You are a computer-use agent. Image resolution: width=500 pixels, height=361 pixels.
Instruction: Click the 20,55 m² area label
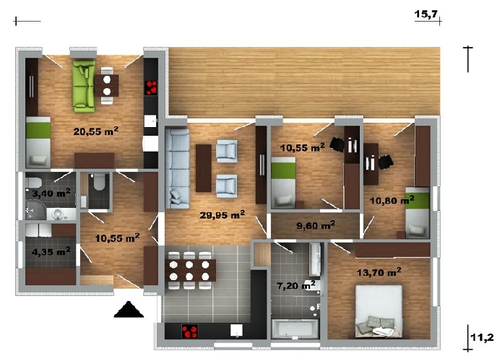[95, 131]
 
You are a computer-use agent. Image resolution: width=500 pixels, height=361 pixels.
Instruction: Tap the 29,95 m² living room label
[223, 214]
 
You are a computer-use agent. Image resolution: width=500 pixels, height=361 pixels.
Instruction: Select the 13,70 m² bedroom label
[379, 272]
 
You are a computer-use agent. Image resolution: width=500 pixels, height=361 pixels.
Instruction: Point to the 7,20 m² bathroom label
[296, 285]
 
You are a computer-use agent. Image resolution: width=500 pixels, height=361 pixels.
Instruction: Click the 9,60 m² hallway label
[316, 225]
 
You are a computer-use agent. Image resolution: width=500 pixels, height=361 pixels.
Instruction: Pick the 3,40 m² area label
[51, 193]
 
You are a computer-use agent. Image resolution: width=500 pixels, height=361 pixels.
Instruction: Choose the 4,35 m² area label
[51, 251]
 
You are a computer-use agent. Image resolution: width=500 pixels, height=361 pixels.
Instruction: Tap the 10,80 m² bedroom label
[392, 200]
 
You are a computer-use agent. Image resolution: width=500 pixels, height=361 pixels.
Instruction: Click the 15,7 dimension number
[426, 14]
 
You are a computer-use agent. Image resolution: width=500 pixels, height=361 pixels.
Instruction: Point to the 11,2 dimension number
[482, 337]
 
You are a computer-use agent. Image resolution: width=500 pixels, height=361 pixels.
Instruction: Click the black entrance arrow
[129, 310]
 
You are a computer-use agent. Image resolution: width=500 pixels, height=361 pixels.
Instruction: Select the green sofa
[84, 86]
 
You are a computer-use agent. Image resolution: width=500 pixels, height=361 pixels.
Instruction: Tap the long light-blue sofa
[177, 168]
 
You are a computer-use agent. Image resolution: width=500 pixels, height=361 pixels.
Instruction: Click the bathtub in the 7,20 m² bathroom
[295, 329]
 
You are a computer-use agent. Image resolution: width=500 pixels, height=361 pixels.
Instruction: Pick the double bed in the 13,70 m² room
[379, 311]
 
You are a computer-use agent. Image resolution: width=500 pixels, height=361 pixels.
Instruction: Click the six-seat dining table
[190, 271]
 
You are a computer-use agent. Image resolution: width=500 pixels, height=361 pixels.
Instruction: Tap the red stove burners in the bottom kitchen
[190, 331]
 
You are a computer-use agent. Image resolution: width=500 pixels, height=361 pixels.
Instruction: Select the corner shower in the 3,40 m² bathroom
[35, 209]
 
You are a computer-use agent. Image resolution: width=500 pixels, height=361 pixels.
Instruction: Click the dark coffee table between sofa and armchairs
[204, 168]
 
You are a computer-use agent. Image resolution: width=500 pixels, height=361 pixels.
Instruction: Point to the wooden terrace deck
[304, 82]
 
